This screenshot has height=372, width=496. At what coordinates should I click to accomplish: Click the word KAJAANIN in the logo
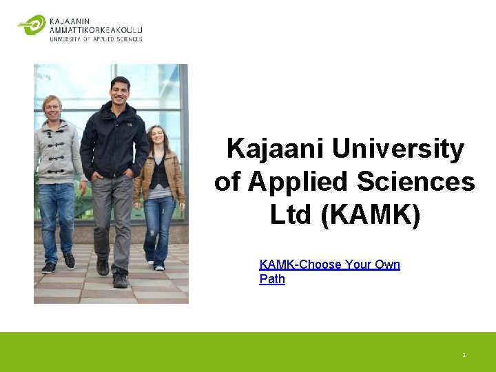point(70,21)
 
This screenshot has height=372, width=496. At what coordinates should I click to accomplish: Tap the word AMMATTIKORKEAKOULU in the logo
point(96,30)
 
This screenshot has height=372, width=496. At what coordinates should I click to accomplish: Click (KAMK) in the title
point(370,215)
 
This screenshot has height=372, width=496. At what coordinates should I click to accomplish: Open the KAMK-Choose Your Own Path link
point(329,265)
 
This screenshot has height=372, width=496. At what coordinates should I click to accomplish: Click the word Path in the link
point(272,279)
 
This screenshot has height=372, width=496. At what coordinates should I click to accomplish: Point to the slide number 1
point(464,355)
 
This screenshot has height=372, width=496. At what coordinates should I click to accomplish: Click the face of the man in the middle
point(120,90)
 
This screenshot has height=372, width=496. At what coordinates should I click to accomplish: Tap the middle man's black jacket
point(110,141)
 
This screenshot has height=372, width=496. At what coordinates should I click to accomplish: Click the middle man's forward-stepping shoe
point(120,279)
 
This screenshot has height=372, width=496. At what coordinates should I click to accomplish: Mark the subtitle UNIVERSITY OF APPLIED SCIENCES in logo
point(96,39)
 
